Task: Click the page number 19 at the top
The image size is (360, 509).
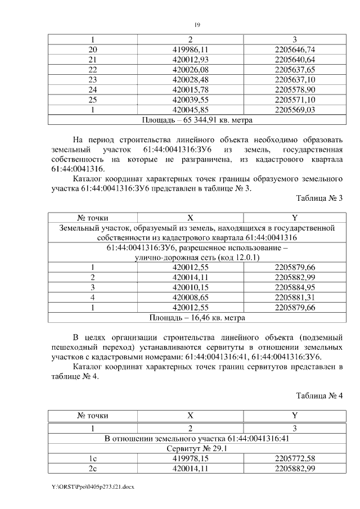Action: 197,25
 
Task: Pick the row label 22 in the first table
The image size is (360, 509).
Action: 93,70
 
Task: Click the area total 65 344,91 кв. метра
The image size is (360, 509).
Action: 197,120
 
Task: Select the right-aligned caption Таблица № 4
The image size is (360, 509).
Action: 319,395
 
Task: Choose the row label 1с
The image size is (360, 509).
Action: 93,458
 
